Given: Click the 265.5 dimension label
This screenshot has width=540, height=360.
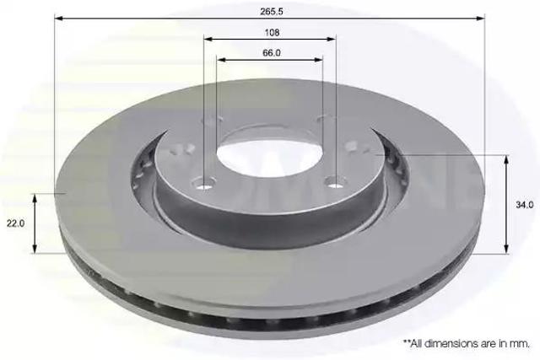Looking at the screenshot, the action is tap(272, 11).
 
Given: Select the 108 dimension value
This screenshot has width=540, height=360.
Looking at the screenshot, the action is tap(272, 33).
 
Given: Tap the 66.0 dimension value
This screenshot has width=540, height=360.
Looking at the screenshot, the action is tap(272, 53).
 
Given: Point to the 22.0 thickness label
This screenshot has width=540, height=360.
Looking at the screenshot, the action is tap(15, 223).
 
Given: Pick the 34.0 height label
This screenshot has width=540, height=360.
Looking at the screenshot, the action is tap(525, 205).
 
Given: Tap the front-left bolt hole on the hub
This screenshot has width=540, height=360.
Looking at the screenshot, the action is tap(205, 185).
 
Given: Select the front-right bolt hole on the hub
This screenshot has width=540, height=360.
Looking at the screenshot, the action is tap(335, 184).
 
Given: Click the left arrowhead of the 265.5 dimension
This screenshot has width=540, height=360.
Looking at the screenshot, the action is tap(59, 19).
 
